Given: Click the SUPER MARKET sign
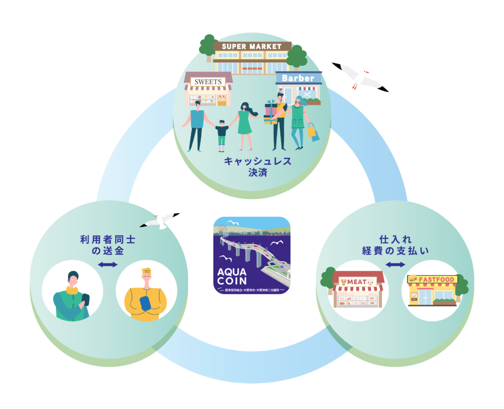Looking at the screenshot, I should click(252, 46).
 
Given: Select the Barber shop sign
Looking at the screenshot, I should click(298, 78).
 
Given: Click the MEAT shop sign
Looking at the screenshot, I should click(358, 281).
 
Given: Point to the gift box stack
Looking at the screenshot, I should click(271, 112).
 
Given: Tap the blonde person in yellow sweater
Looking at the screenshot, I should click(146, 296).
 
